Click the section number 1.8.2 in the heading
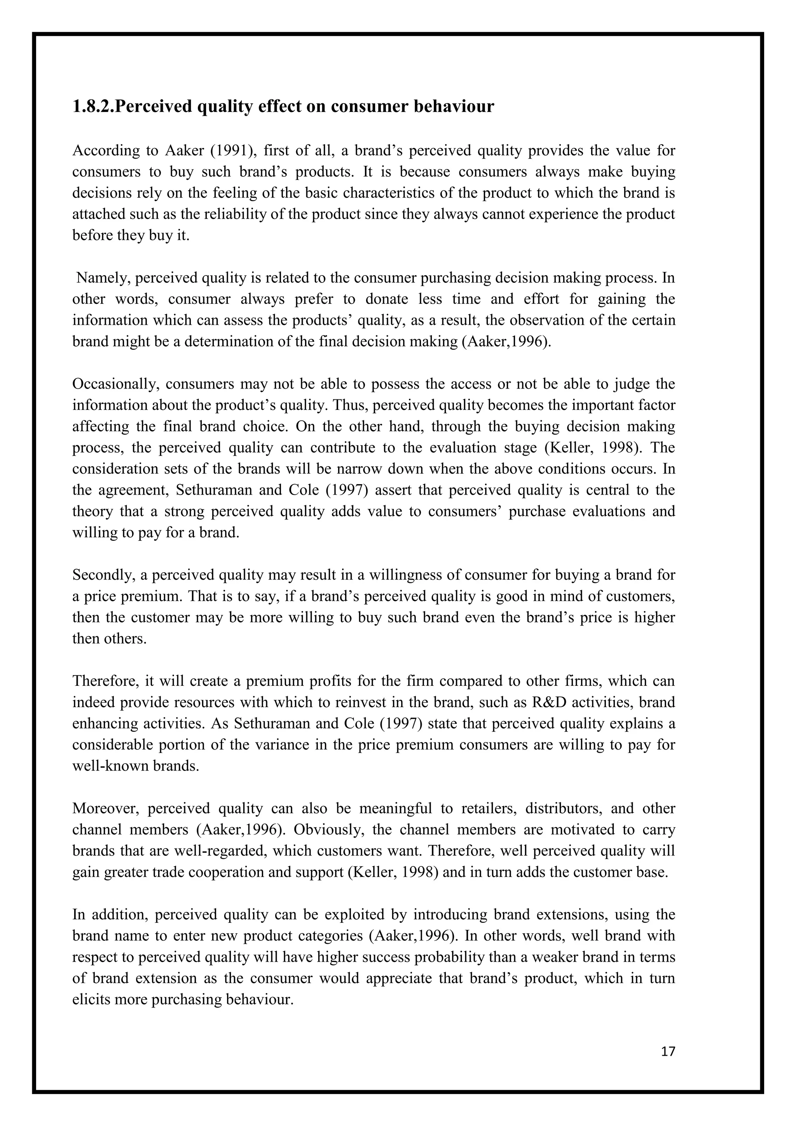[x=93, y=106]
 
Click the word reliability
[x=228, y=214]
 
